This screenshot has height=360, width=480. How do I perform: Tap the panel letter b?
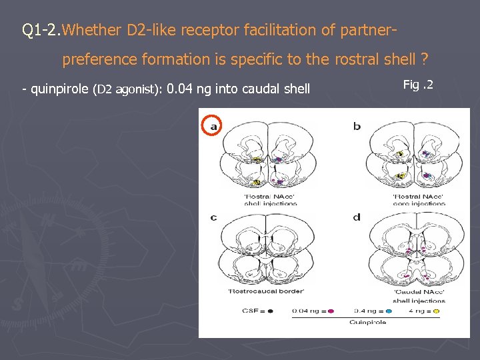(357, 126)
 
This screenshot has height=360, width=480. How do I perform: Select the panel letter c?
(213, 217)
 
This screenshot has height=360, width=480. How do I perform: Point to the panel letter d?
(357, 217)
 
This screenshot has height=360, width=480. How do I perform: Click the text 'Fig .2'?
(419, 84)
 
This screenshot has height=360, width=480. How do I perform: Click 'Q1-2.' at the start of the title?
(41, 30)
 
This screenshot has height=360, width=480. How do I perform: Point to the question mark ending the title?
(424, 59)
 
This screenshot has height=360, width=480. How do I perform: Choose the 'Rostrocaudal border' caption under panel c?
(257, 291)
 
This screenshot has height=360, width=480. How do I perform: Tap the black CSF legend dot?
(270, 311)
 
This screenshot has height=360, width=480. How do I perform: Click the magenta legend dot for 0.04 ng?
(331, 311)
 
